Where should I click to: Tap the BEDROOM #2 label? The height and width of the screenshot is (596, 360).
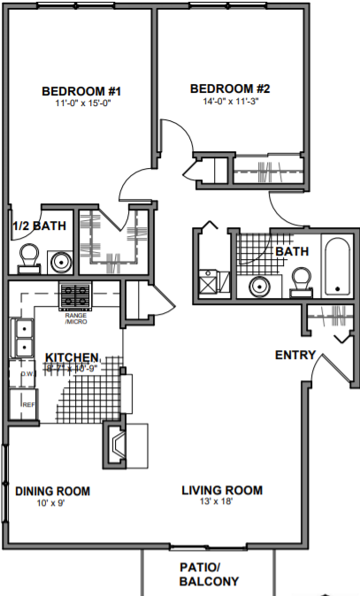(x=229, y=88)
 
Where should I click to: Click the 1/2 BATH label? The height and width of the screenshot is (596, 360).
(x=40, y=227)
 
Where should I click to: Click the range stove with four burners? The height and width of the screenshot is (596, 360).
(x=75, y=294)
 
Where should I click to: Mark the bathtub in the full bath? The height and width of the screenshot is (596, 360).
(x=339, y=266)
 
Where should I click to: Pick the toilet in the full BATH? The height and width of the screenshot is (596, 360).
(x=302, y=279)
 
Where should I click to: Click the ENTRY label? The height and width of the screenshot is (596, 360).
(x=295, y=355)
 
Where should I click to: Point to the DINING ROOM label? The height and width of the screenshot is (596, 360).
(x=53, y=491)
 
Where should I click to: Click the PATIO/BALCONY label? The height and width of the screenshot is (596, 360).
(x=208, y=575)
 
